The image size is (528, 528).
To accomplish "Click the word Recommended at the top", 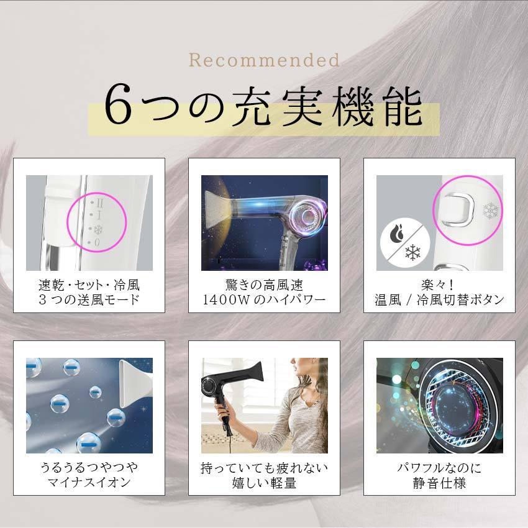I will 264,61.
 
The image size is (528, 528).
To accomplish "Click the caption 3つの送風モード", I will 88,301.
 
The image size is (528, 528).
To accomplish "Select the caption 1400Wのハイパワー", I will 264,301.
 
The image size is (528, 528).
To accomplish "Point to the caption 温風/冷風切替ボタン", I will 440,301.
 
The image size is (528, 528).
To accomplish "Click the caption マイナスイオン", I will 88,483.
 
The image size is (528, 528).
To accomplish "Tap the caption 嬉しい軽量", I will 264,483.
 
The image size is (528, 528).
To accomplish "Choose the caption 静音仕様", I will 440,483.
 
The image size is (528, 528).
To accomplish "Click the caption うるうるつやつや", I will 88,467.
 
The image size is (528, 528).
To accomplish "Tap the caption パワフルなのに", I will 440,467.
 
